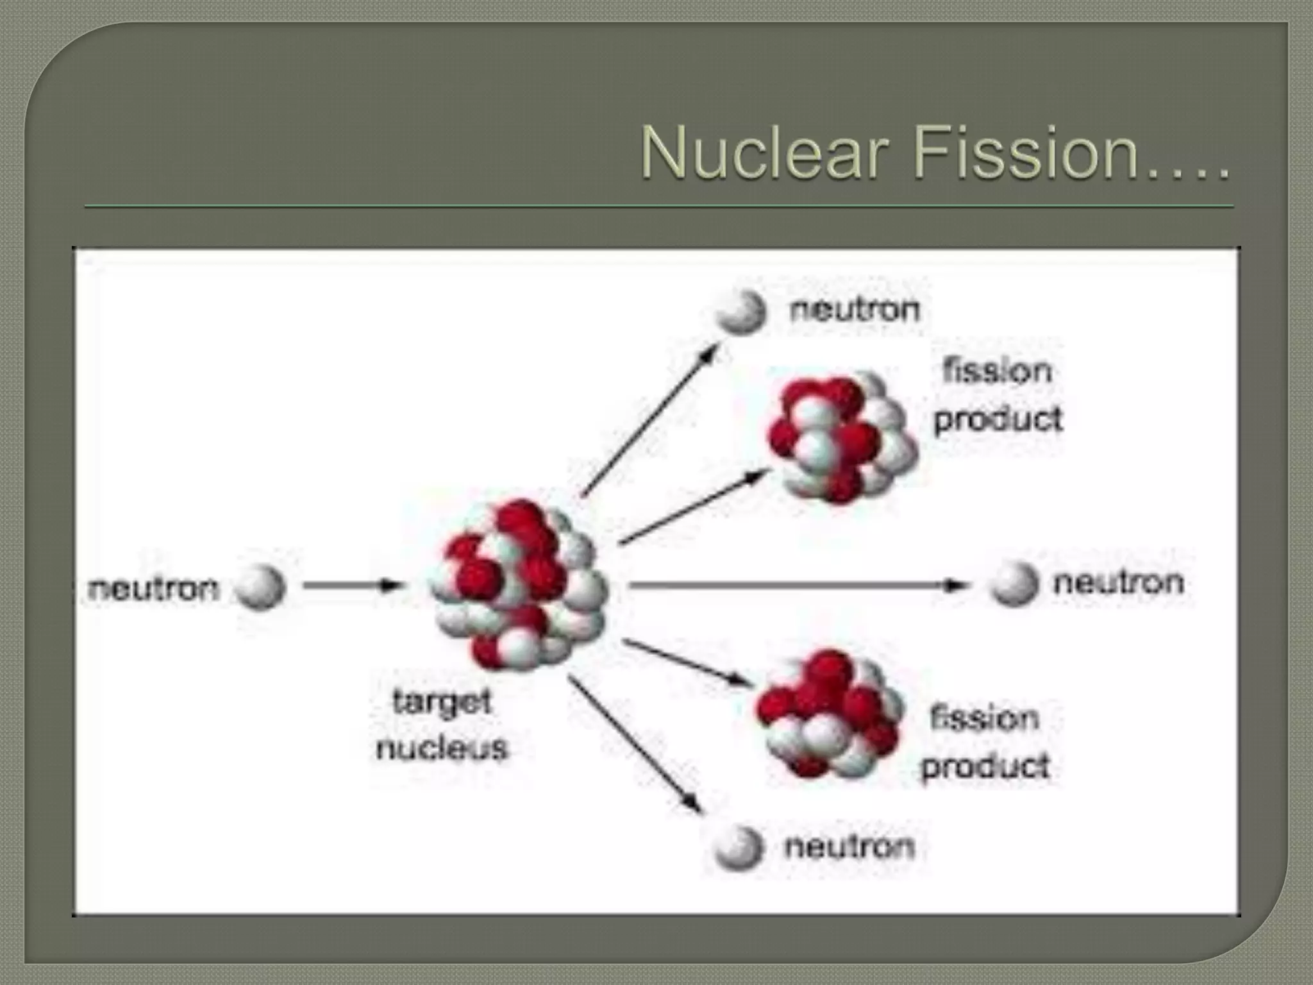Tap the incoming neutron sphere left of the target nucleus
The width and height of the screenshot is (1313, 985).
pos(260,587)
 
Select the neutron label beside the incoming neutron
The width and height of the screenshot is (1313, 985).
pos(154,588)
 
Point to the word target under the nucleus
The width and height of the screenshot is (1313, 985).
pos(442,702)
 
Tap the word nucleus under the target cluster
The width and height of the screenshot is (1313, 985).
pos(442,748)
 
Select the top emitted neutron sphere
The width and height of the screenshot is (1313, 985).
pos(741,312)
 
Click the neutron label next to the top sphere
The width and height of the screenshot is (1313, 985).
pos(855,310)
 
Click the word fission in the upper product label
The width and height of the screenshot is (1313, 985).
pos(998,371)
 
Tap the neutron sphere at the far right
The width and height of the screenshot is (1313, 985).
pos(1013,584)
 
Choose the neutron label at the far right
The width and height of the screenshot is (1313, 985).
pos(1119,583)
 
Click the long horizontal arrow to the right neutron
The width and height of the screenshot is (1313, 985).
pos(795,585)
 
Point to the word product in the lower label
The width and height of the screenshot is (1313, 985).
pos(985,766)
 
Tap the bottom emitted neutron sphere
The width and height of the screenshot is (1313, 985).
pos(739,848)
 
